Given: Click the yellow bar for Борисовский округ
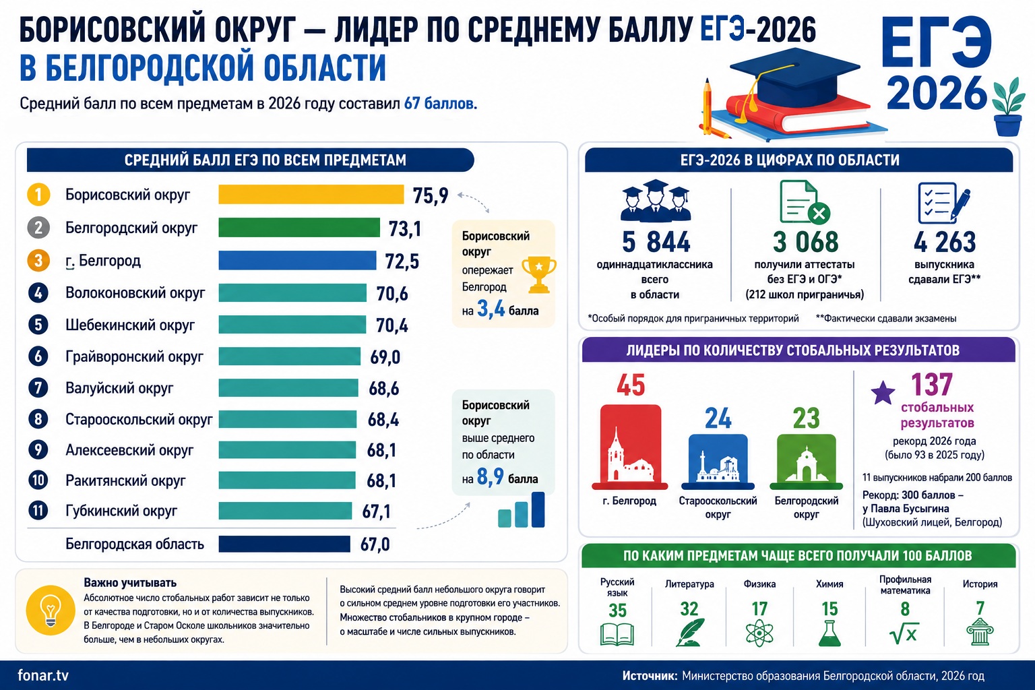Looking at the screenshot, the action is coord(311,195).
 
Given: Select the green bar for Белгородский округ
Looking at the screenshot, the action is coord(299,228).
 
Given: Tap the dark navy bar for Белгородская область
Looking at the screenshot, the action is coord(284,544).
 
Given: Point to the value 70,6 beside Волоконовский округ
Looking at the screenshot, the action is coord(391,294).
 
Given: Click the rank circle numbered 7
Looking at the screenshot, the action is coord(38,387).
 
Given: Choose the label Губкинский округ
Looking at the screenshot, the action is coord(121,511).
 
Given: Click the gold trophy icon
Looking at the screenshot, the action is coord(539,275).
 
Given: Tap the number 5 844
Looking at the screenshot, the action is coord(656,242).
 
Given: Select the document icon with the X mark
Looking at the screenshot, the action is coord(805,202).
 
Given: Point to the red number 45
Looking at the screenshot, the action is coord(631,385).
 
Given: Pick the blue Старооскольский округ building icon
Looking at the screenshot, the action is coord(718,462).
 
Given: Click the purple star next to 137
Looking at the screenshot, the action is coord(883,393).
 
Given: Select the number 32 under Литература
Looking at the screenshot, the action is coord(689,609).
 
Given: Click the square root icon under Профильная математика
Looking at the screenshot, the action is coord(904,633).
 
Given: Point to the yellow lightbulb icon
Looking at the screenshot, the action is coord(51,610).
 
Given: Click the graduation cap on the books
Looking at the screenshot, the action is coord(794,76).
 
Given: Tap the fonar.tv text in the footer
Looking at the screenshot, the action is coord(43,676).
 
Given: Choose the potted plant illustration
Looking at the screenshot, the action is coord(1008,107).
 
